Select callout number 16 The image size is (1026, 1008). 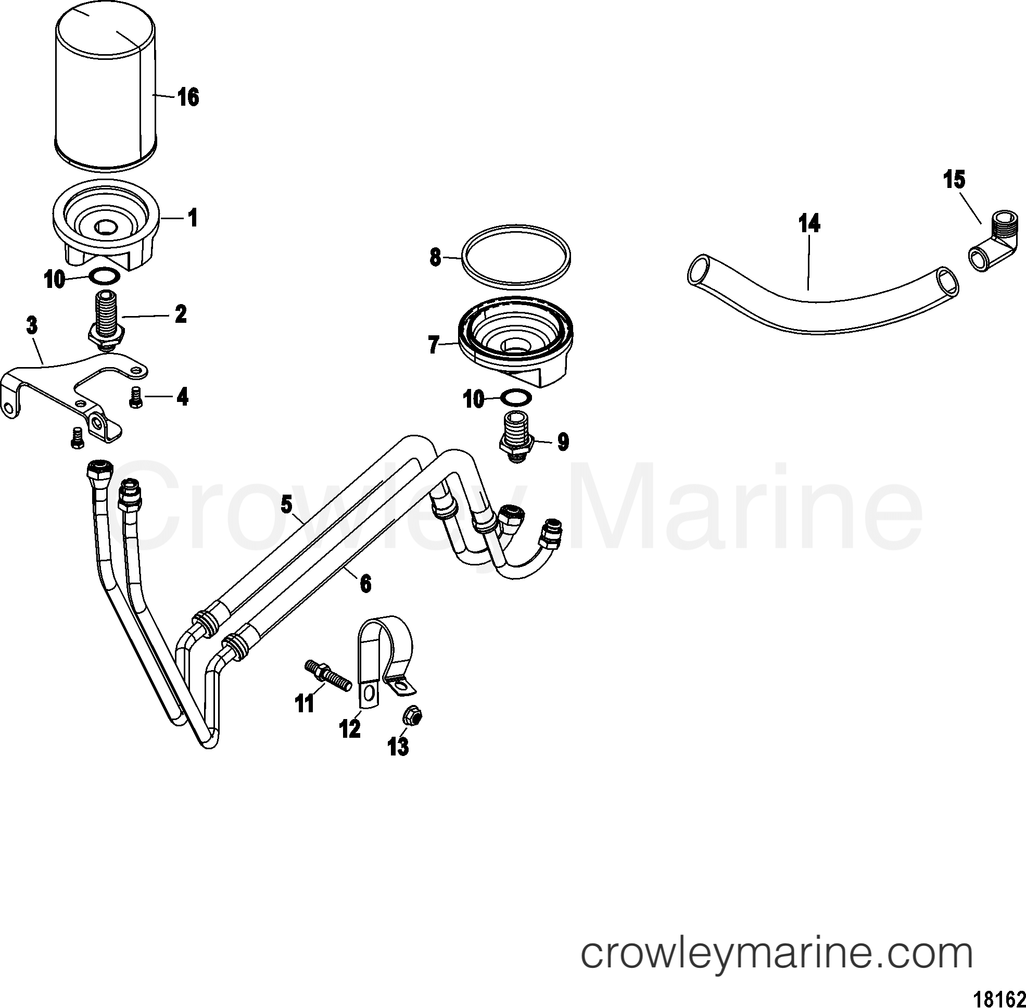(x=188, y=97)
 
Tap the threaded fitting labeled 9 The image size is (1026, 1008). (x=517, y=437)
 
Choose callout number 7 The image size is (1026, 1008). (x=434, y=346)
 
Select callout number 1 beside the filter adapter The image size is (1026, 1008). (x=193, y=218)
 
